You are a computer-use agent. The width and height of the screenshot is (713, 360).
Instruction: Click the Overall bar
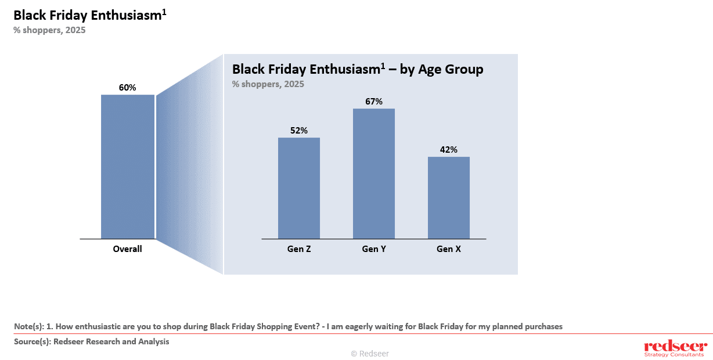tap(128, 167)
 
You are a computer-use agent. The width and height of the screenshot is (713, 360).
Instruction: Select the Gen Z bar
tap(299, 188)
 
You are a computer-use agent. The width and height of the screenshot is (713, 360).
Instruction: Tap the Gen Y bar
tap(374, 174)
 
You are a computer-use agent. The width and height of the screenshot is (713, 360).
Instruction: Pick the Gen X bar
tap(449, 197)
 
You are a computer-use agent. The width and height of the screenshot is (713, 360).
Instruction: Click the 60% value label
tap(127, 88)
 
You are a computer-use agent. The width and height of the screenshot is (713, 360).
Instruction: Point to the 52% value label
tap(299, 131)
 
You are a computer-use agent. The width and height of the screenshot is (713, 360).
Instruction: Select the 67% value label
tap(374, 102)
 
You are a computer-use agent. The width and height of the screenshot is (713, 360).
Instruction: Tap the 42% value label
tap(449, 150)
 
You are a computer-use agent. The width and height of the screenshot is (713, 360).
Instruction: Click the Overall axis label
tap(127, 249)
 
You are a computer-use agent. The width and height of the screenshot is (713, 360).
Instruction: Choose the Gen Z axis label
tap(299, 249)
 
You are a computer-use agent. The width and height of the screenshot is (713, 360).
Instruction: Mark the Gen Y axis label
tap(374, 249)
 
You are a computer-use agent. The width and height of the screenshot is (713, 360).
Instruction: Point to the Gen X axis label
tap(449, 249)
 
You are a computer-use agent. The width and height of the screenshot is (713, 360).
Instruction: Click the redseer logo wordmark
tap(674, 346)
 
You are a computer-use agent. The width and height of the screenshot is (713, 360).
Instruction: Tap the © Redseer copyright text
tap(370, 353)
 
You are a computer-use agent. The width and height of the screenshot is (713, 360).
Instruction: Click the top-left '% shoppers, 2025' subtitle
tap(49, 30)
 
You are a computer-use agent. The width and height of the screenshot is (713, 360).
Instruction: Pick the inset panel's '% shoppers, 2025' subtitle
tap(268, 84)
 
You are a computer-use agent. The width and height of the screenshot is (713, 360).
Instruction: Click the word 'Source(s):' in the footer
tap(33, 341)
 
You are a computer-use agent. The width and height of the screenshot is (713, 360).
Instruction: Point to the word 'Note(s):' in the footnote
tap(29, 326)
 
